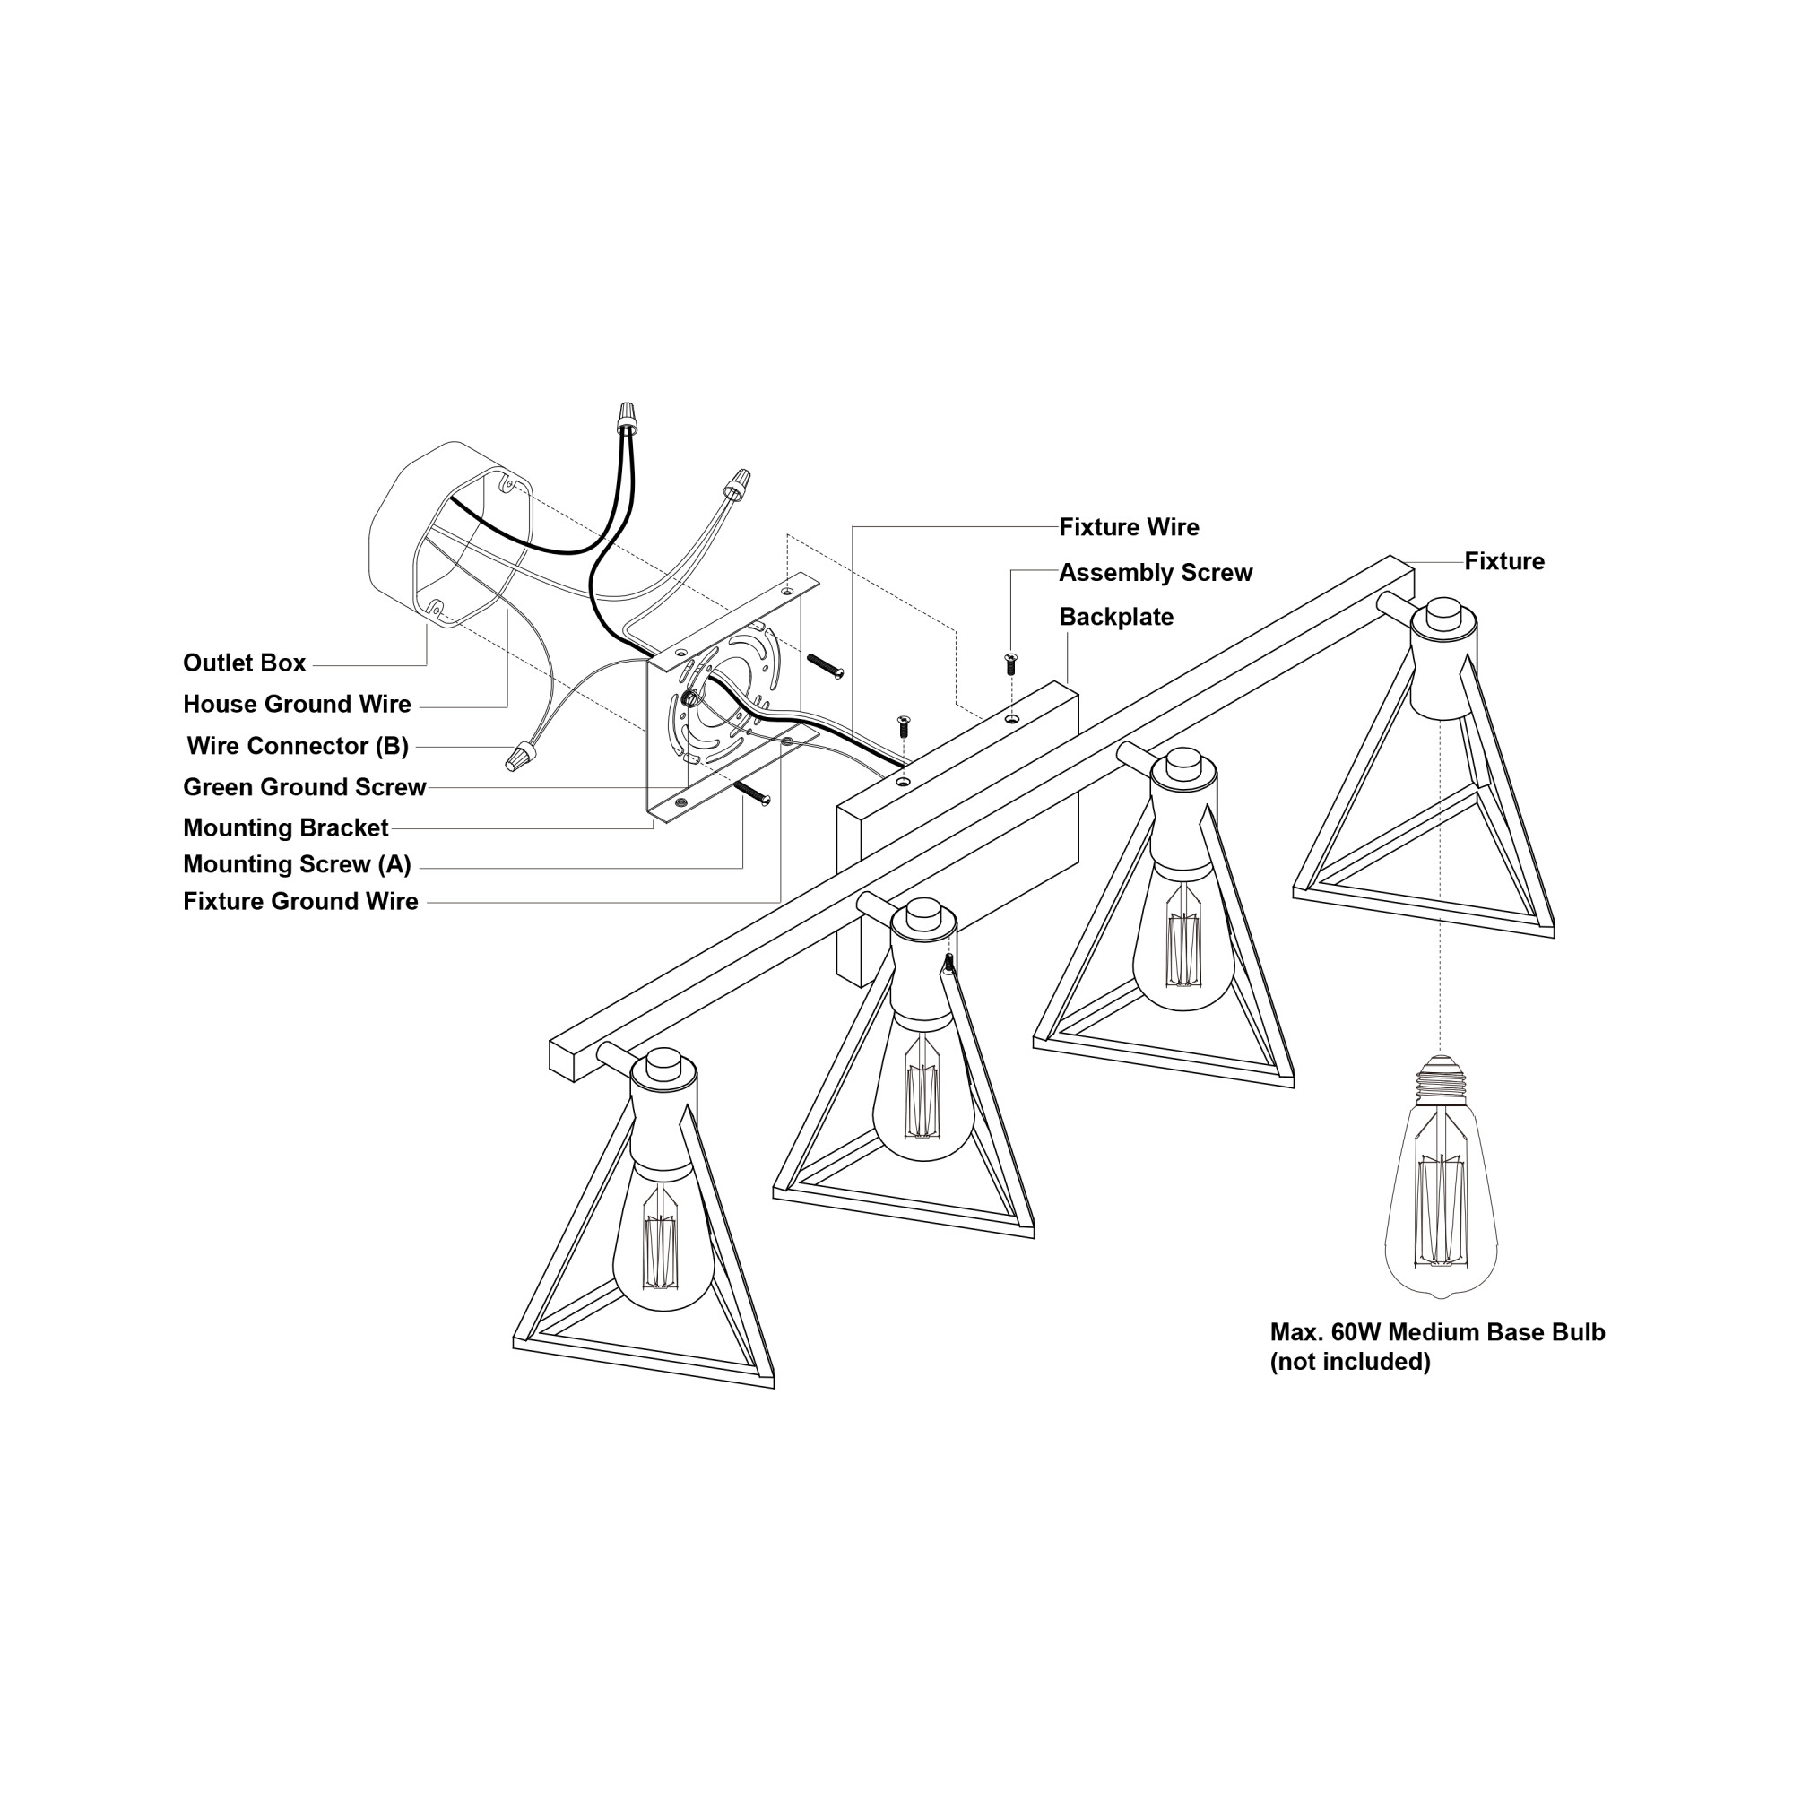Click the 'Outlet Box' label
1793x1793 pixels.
tap(244, 663)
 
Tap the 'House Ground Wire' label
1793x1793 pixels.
tap(297, 704)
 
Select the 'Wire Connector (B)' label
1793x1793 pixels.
tap(298, 745)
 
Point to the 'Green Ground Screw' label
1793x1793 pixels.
tap(305, 787)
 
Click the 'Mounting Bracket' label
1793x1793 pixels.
tap(286, 827)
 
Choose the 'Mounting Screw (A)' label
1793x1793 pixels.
tap(297, 864)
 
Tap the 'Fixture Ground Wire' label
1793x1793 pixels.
tap(300, 901)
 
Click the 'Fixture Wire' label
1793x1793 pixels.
tap(1129, 527)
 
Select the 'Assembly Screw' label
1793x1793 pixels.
tap(1156, 573)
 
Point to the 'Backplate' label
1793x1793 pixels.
tap(1115, 617)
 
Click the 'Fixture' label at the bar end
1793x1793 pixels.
tap(1504, 560)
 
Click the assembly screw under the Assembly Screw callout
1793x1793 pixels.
tap(1010, 663)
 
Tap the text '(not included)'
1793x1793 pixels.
tap(1350, 1362)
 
